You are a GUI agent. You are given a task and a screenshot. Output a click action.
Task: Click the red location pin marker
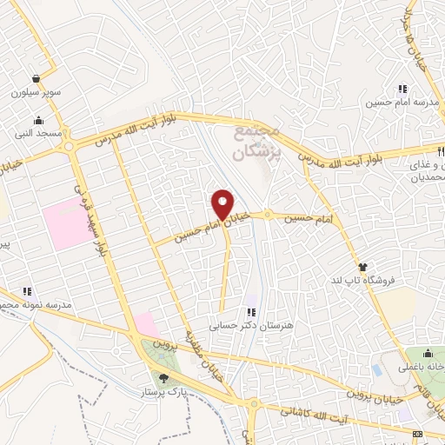(x=222, y=205)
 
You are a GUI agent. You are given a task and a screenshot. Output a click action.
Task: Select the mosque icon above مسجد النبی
(x=37, y=121)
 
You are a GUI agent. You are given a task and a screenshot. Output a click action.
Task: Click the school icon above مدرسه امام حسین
(x=402, y=89)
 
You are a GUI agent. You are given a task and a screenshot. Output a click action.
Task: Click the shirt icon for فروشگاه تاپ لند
(x=364, y=267)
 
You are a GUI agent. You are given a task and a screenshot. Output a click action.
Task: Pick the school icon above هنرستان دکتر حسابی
(x=251, y=311)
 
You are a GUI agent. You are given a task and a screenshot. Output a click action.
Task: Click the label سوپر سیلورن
(x=32, y=91)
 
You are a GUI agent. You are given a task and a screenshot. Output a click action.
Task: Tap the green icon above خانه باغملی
(x=428, y=354)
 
